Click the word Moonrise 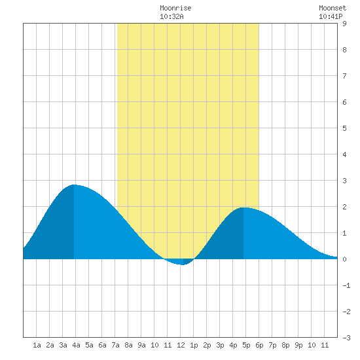175,8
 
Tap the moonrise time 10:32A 171,16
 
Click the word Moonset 333,8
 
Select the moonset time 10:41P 331,16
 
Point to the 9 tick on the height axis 344,24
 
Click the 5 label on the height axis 344,128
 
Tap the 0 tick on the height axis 344,259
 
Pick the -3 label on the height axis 346,338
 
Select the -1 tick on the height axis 346,285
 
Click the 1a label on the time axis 37,345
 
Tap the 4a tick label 76,345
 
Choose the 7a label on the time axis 115,345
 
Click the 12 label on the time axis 181,345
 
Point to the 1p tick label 194,345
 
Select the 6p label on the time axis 259,345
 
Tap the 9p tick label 298,345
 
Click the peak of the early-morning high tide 74,185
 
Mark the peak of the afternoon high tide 244,207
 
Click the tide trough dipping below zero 181,264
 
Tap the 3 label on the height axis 344,181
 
